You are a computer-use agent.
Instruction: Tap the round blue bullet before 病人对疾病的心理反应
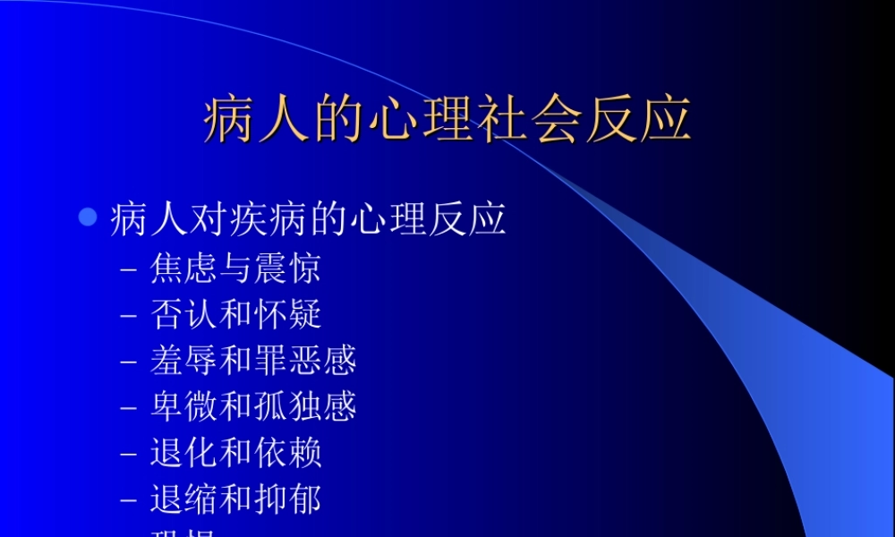pyautogui.click(x=87, y=217)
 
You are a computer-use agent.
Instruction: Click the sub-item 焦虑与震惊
pyautogui.click(x=236, y=268)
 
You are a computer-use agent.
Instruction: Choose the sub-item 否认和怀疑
pyautogui.click(x=236, y=314)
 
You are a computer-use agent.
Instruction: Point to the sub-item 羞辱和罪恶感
pyautogui.click(x=254, y=360)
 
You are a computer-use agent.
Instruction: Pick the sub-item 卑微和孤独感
pyautogui.click(x=254, y=406)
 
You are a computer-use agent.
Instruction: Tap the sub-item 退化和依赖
pyautogui.click(x=236, y=453)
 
